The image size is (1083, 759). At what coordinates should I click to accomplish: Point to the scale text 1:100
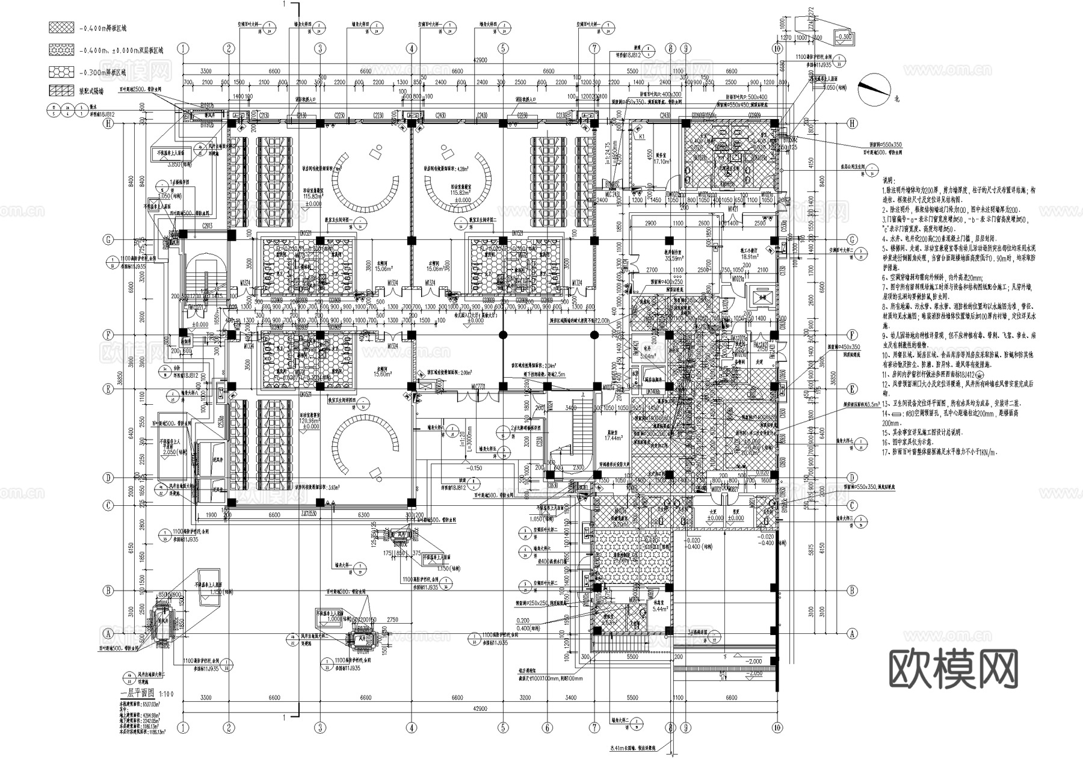(168, 693)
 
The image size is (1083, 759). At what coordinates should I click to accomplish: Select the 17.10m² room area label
(662, 162)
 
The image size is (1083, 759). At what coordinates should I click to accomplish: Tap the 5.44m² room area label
(661, 609)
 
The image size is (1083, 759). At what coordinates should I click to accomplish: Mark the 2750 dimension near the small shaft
(392, 619)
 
